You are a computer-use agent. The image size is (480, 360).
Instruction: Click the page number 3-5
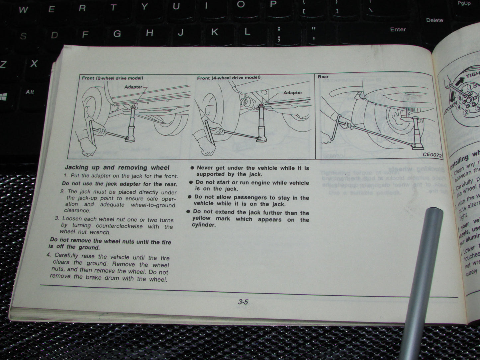point(243,302)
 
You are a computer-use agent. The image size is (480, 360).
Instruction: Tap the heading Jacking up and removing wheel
point(117,168)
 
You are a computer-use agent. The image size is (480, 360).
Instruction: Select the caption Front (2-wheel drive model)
point(113,78)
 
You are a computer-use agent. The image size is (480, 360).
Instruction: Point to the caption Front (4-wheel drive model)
point(229,78)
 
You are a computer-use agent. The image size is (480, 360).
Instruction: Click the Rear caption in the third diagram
point(323,77)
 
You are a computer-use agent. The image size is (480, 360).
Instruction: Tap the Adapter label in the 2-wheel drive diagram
point(133,87)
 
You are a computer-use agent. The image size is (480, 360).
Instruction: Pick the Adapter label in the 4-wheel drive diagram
point(293,93)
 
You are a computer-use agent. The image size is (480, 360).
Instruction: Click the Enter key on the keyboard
point(398,30)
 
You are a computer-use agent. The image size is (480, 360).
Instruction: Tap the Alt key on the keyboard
point(30,92)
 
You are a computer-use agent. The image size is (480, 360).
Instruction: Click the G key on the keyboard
point(117,34)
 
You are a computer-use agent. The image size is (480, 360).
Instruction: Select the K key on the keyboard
point(215,32)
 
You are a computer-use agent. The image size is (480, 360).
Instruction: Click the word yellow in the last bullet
point(201,219)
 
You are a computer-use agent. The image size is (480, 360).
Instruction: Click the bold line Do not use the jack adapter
point(120,184)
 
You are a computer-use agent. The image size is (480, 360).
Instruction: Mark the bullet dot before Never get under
point(192,168)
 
